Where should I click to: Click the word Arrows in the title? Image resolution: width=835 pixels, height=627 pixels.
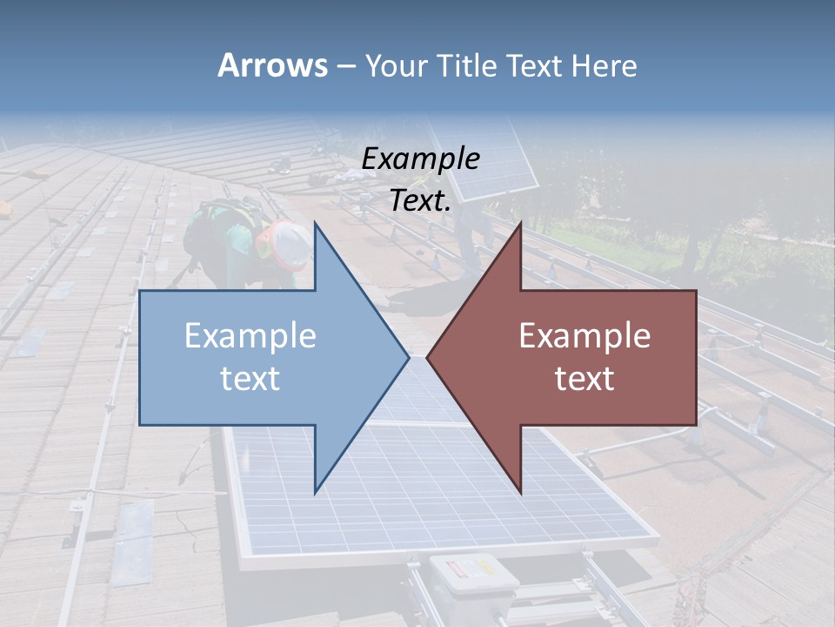273,66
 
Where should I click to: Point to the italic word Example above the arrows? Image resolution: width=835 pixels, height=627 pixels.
420,159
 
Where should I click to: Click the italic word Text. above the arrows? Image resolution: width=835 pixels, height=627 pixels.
420,201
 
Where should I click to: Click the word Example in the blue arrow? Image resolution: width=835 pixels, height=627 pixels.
250,335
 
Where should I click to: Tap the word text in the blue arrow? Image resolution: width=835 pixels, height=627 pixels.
250,378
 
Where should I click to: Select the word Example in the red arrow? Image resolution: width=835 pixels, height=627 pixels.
584,335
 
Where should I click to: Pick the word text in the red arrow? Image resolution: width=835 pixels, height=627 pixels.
584,378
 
